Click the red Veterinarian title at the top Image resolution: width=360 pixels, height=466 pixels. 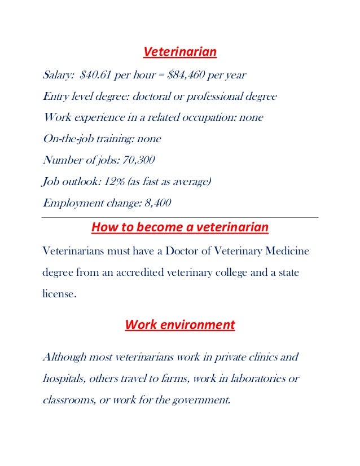tap(180, 52)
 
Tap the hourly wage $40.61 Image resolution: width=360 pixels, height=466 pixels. tap(99, 75)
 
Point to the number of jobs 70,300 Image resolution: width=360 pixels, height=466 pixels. tap(138, 160)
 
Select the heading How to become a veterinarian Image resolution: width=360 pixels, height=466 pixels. tap(180, 228)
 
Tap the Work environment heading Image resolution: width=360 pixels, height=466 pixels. tap(179, 325)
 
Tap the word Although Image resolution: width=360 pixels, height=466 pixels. tap(65, 358)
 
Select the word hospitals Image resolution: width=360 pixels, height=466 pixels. tap(63, 379)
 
